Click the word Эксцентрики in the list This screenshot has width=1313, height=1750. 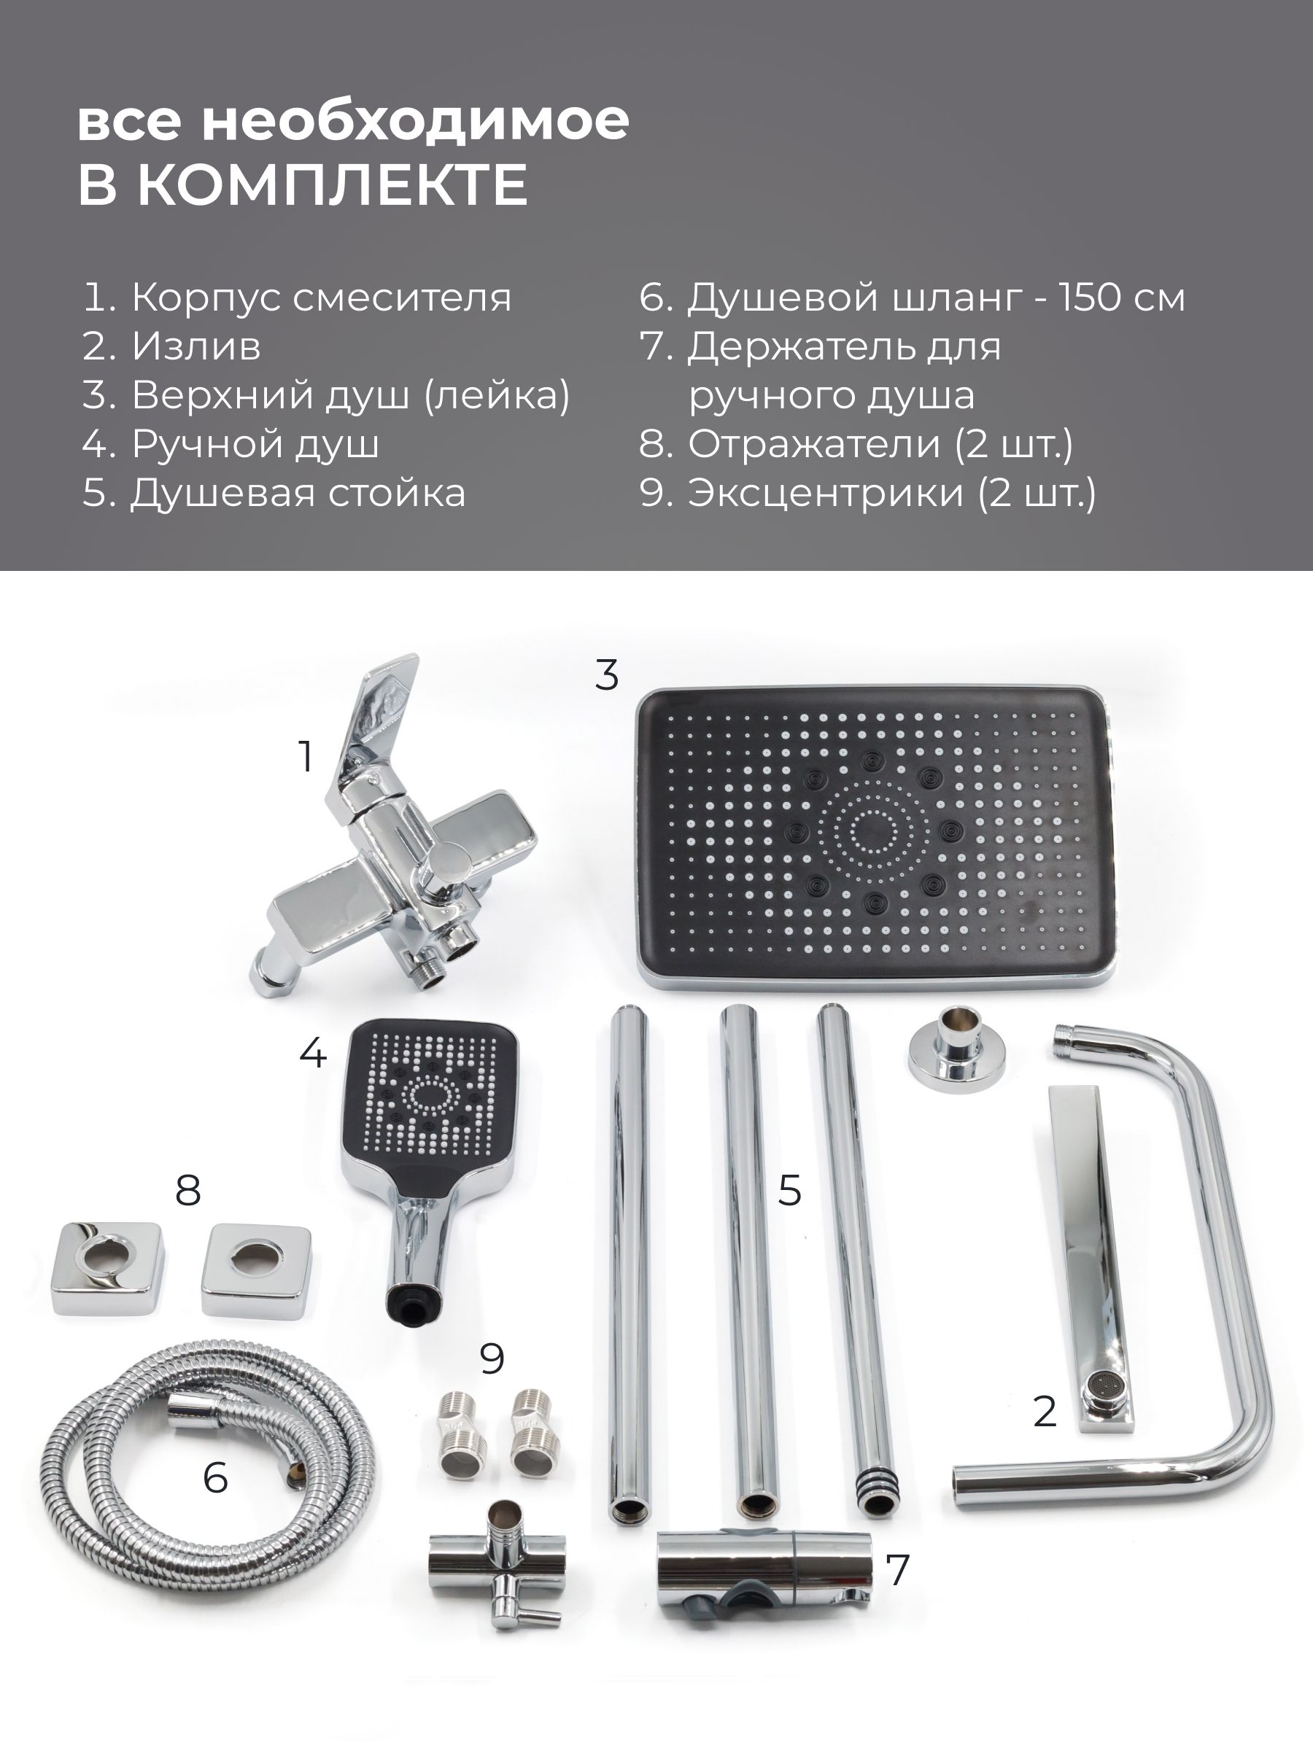[x=826, y=494]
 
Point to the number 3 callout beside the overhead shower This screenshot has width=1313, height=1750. [x=607, y=676]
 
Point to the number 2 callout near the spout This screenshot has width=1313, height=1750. [x=1045, y=1412]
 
